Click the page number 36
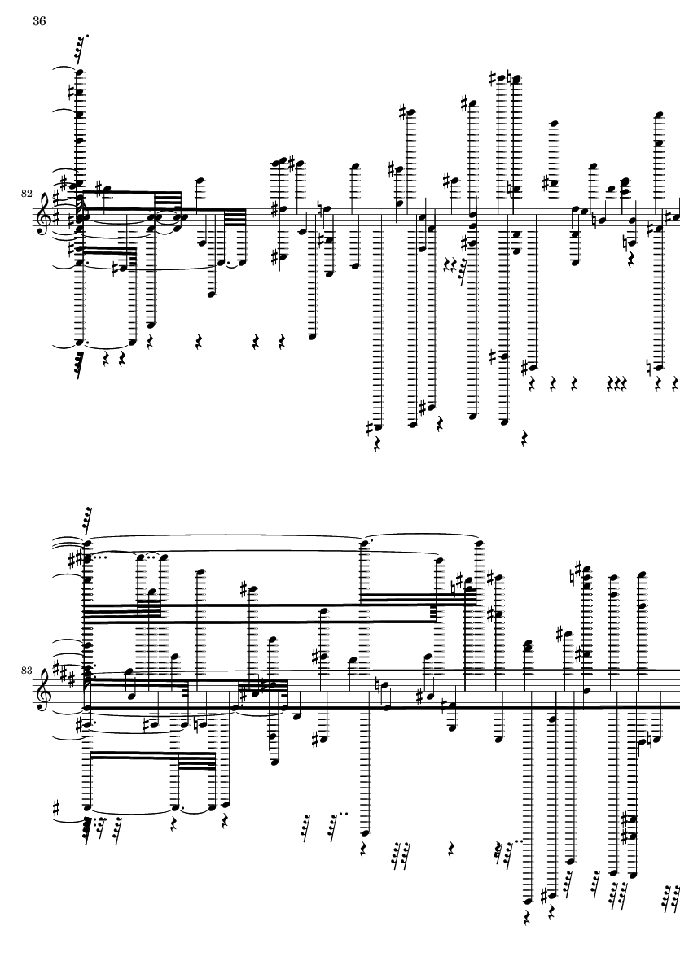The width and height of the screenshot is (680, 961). (x=38, y=21)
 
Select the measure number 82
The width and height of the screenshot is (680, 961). (x=26, y=194)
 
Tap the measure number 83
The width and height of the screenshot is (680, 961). (x=26, y=671)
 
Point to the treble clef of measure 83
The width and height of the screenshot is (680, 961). (x=46, y=688)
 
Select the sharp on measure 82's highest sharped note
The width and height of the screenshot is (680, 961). (x=493, y=78)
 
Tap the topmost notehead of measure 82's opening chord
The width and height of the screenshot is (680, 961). (x=79, y=72)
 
